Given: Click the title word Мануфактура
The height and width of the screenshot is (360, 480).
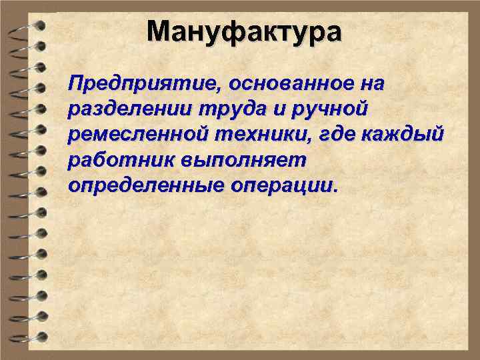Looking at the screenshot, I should click(x=244, y=31).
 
